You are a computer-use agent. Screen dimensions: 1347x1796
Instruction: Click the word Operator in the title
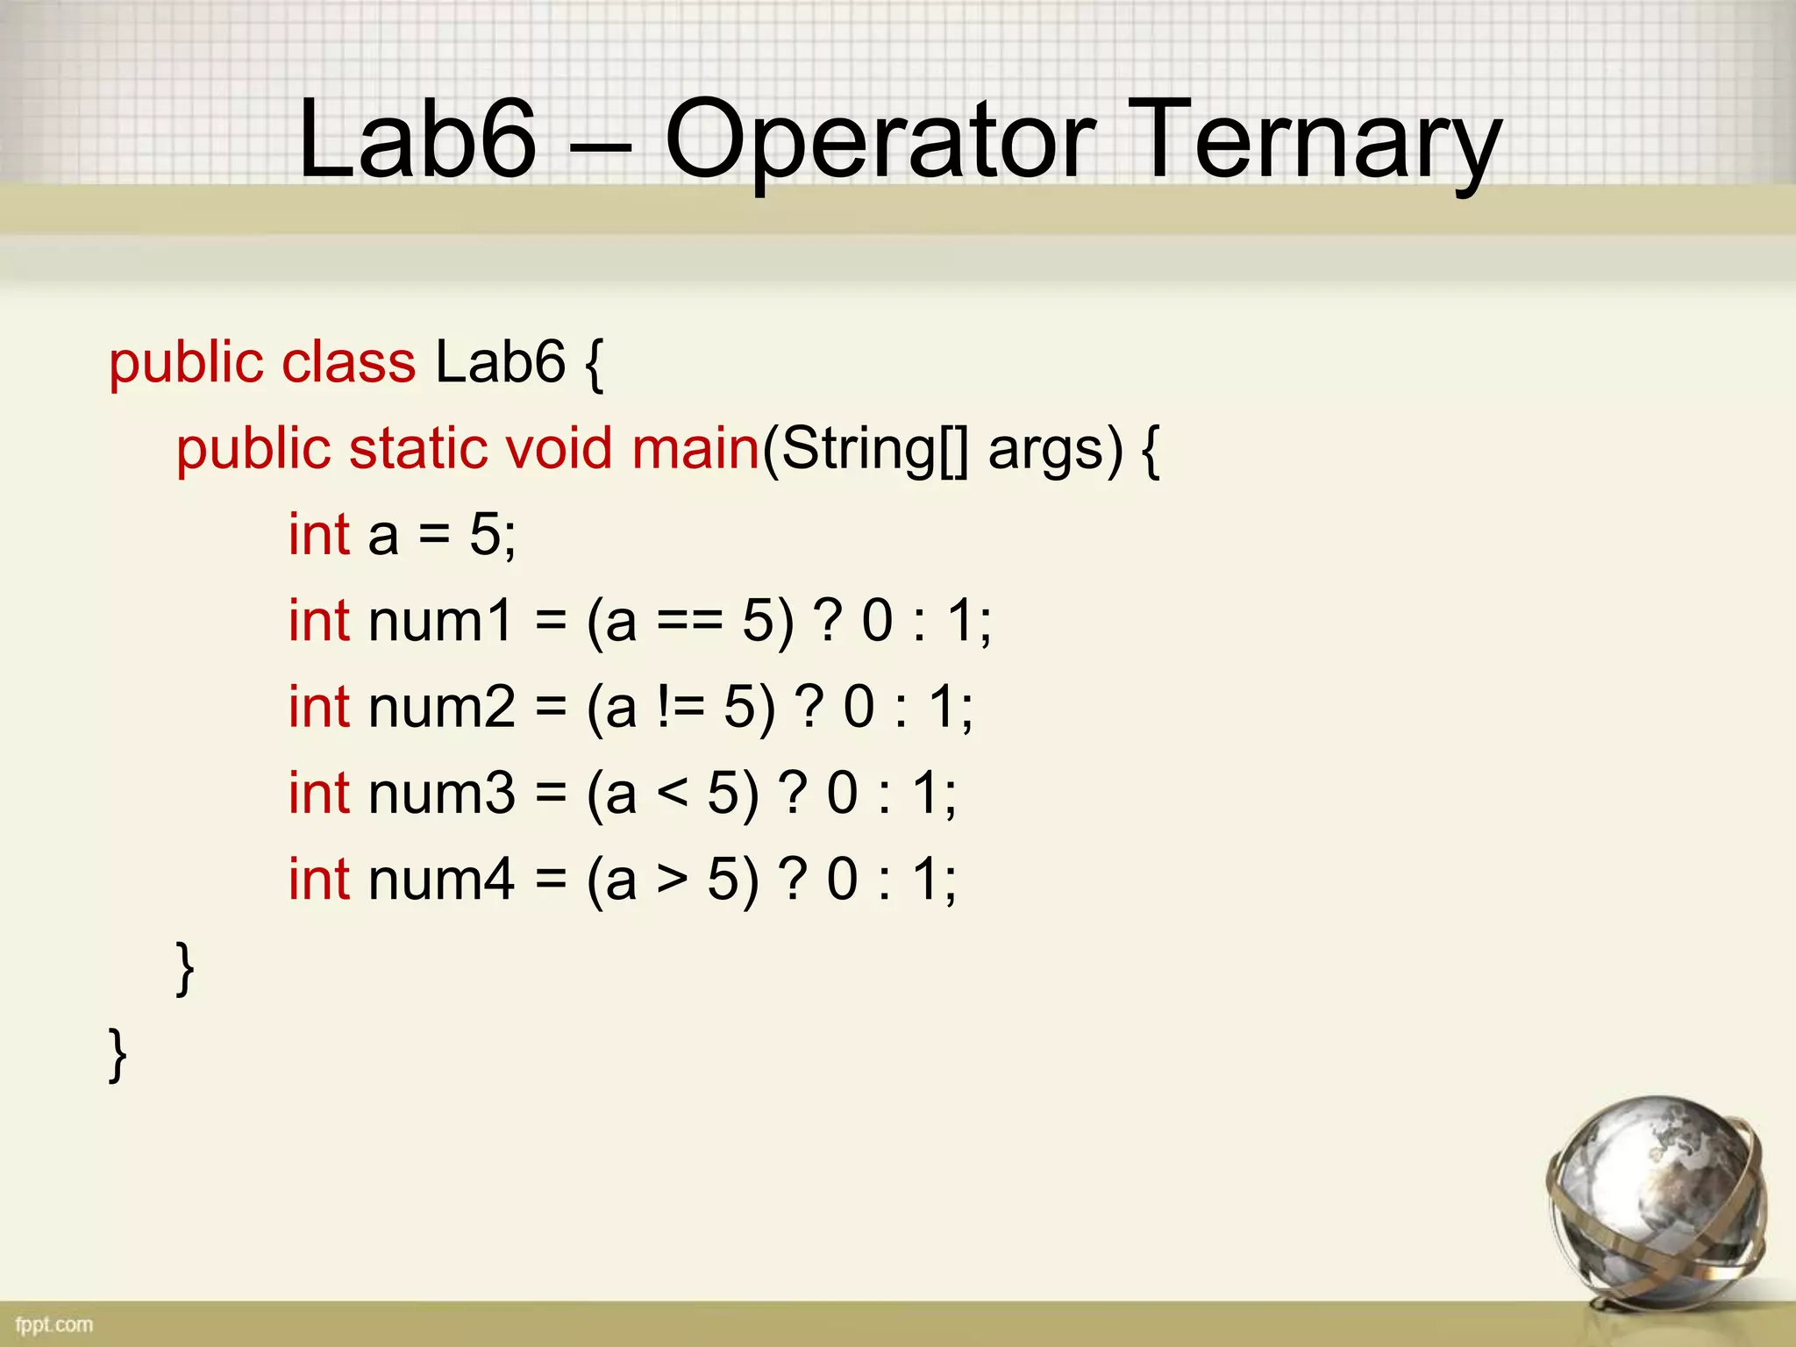(880, 140)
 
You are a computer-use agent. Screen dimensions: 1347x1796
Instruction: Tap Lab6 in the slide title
(417, 140)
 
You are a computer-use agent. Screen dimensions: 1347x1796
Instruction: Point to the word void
(558, 448)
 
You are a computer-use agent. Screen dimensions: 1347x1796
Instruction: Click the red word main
(695, 448)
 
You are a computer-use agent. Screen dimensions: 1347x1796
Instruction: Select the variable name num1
(440, 621)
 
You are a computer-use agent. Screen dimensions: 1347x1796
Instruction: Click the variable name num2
(441, 707)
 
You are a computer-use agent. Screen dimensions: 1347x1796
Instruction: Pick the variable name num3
(441, 793)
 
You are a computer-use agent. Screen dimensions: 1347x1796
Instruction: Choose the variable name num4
(441, 879)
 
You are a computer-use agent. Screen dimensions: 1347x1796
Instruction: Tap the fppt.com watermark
(53, 1324)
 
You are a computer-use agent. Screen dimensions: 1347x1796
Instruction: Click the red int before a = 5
(320, 534)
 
